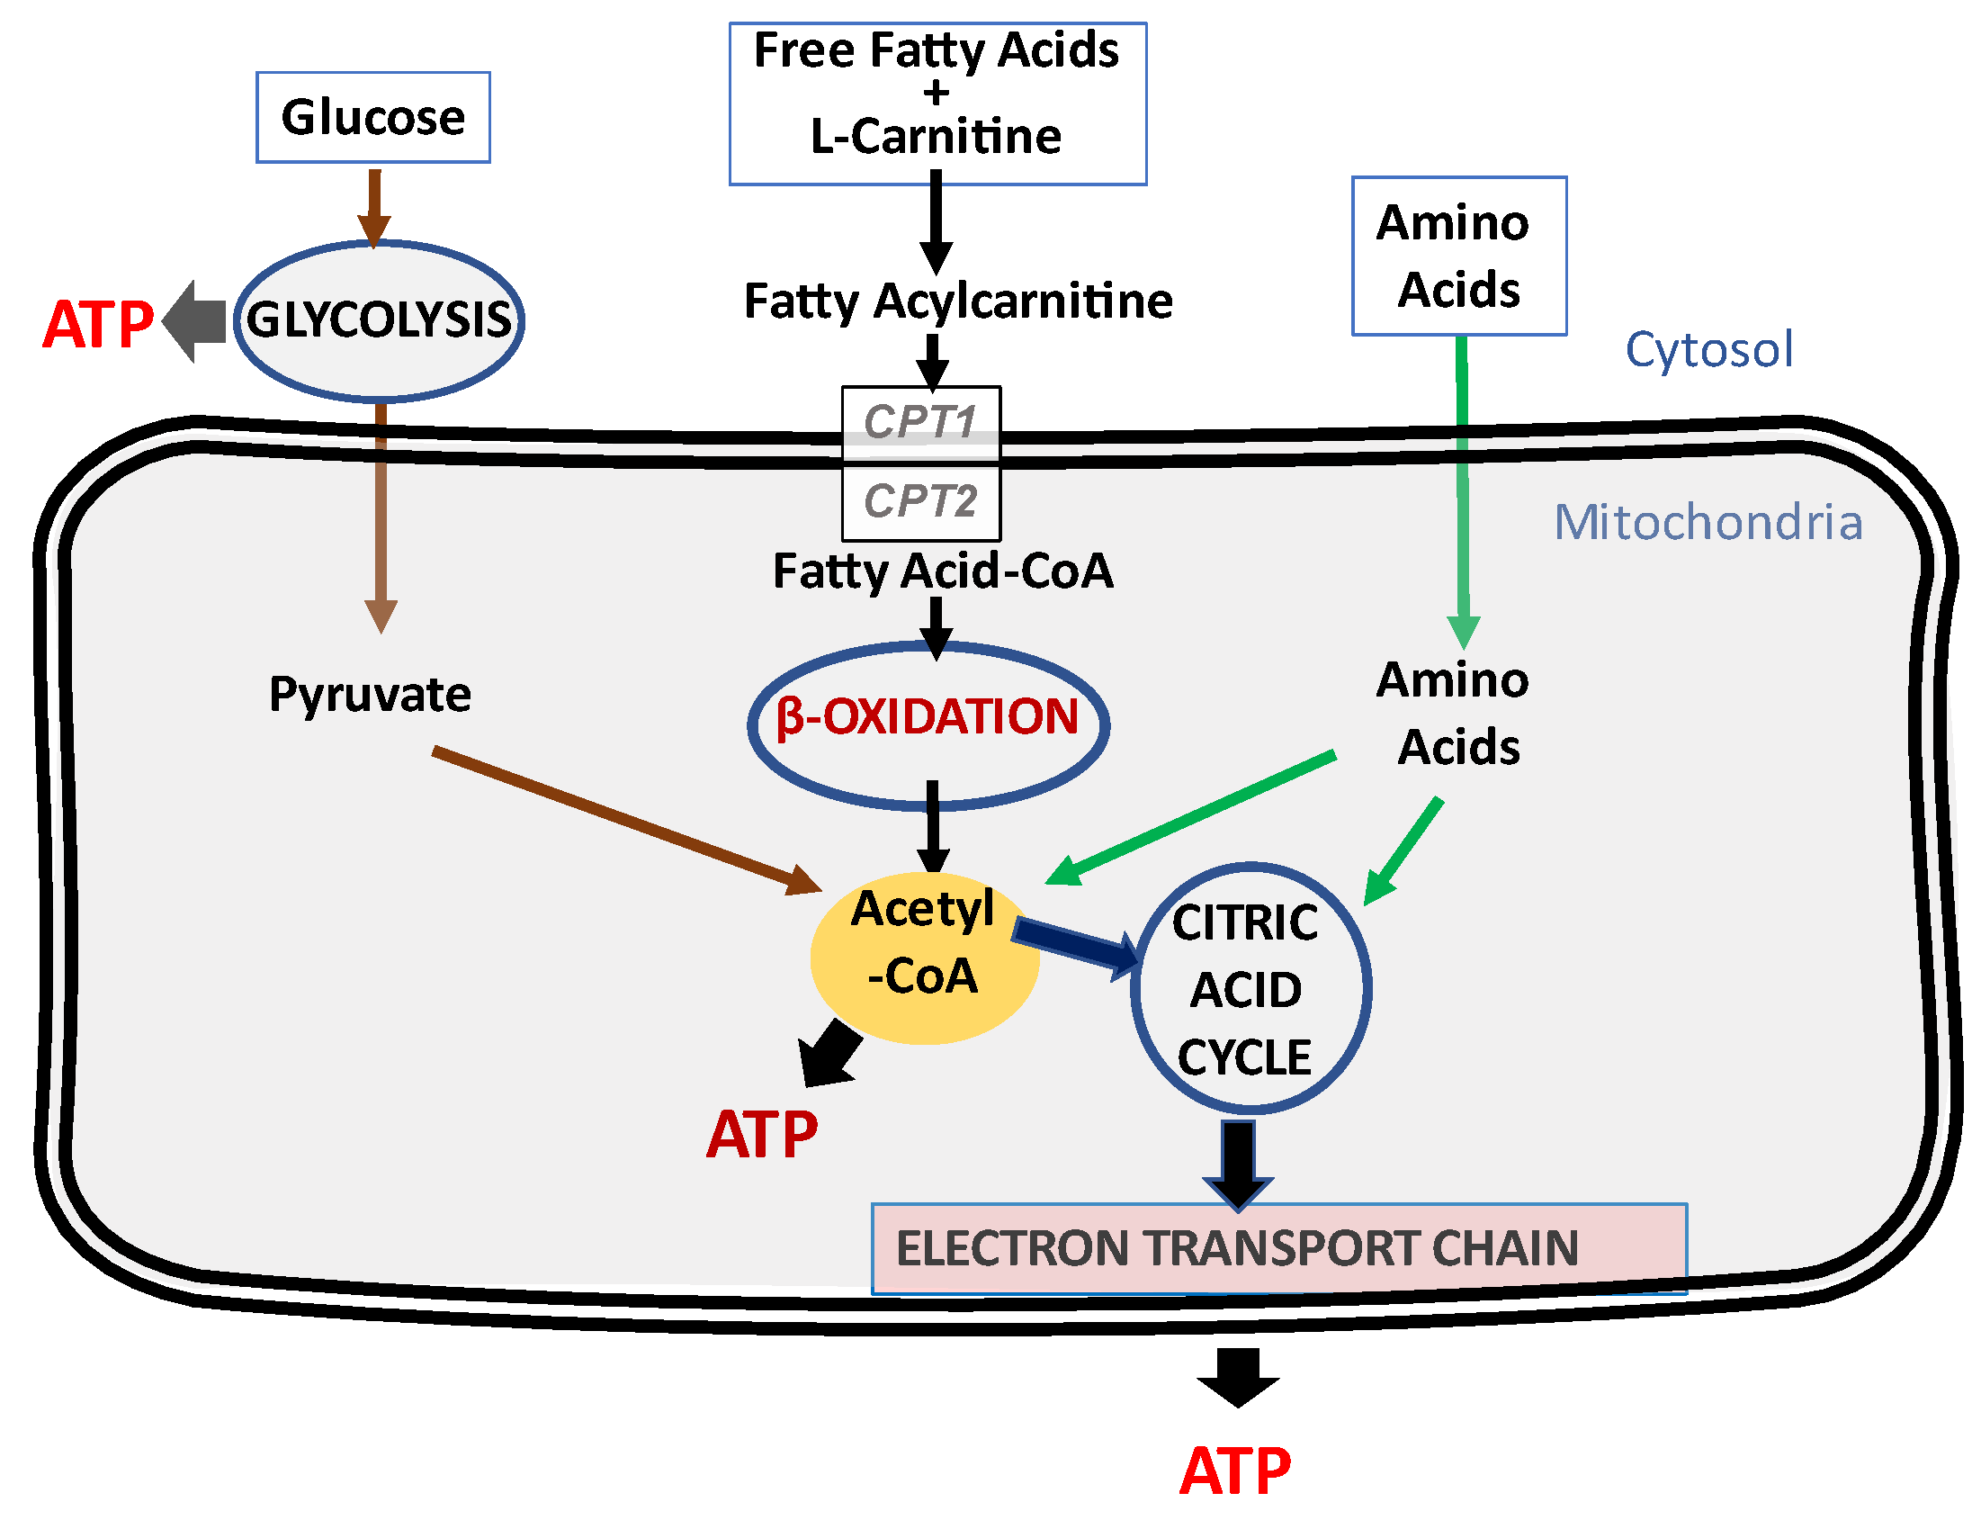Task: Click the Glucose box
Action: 372,118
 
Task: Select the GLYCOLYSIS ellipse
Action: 378,319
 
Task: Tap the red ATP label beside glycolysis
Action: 98,324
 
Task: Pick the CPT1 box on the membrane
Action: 920,421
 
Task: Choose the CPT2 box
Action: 920,500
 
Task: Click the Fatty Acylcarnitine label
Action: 957,301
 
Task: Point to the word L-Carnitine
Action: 936,137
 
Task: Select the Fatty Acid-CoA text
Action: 942,571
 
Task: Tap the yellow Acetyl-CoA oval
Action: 923,957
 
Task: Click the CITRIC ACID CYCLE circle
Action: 1250,988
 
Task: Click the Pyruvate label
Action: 369,695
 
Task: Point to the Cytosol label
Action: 1708,349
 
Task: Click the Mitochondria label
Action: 1707,522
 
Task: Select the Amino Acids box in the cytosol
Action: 1457,256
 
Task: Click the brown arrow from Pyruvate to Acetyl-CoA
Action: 624,820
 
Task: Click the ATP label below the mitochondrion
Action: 1234,1471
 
